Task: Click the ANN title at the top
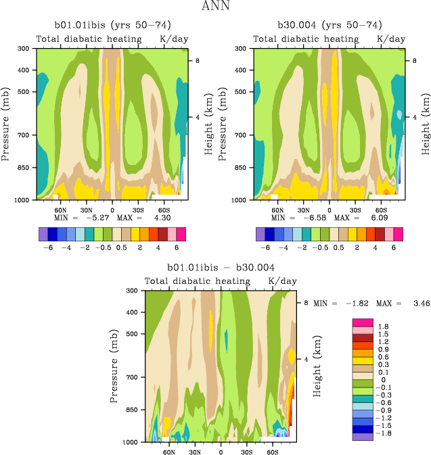[215, 7]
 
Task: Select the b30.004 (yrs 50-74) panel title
[330, 24]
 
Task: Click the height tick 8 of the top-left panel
[197, 61]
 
